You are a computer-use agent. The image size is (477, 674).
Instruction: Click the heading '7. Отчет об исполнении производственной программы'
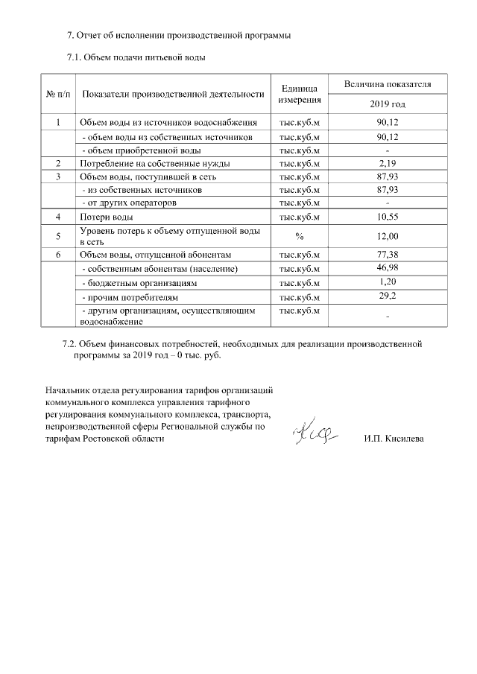click(178, 35)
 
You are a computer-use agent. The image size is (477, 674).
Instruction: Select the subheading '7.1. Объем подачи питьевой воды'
click(136, 57)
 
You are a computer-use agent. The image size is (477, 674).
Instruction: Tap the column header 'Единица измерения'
click(300, 94)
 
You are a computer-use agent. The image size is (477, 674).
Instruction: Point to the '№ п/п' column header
click(58, 94)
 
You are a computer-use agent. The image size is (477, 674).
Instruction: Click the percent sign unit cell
click(300, 236)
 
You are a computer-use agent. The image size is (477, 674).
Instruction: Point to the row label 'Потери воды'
click(107, 217)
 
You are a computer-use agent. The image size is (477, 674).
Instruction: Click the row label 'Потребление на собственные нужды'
click(154, 163)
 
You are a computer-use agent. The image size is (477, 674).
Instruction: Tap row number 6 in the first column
click(58, 255)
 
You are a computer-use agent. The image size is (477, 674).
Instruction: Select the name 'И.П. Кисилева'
click(394, 439)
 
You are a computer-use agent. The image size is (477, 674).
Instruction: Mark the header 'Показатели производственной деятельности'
click(174, 94)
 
